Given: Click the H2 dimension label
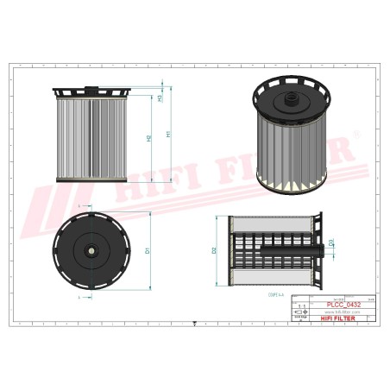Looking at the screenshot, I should [150, 138].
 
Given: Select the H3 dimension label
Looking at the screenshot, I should [161, 97].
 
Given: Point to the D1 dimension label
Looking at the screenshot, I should [148, 250].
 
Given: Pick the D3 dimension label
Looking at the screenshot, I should [331, 242].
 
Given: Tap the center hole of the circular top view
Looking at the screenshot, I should [90, 251].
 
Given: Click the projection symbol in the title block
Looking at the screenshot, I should [301, 311].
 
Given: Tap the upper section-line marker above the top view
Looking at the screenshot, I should [79, 208].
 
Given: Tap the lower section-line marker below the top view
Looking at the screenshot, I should [79, 296].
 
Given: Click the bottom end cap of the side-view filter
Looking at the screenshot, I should [89, 180].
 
